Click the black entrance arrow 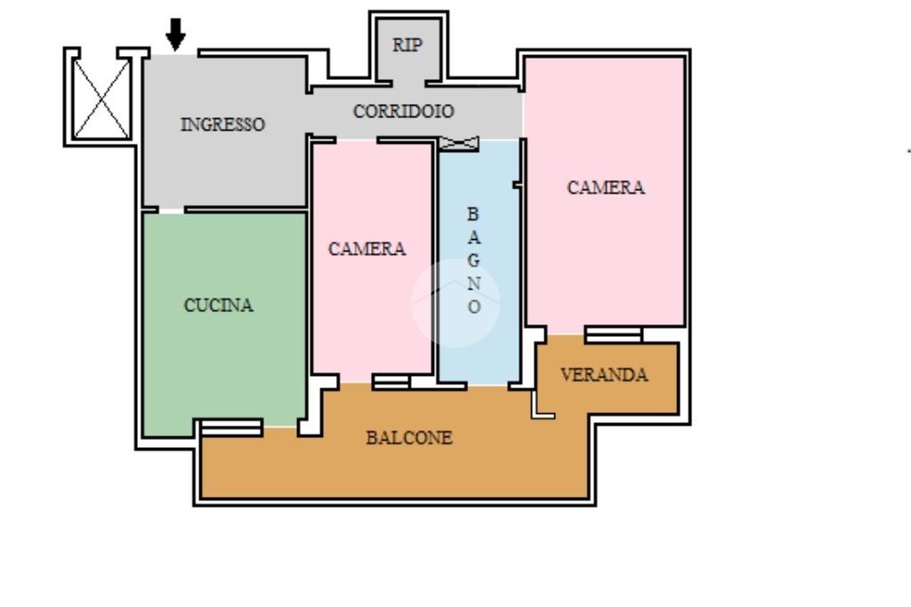tap(175, 34)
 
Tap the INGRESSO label tap(222, 124)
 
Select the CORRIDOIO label tap(403, 111)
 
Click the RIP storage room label tap(407, 44)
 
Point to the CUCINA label tap(219, 305)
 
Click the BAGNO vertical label tap(474, 260)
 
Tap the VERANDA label tap(604, 375)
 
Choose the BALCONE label tap(409, 437)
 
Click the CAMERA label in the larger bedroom tap(605, 188)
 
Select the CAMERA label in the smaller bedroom tap(367, 249)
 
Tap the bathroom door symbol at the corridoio tap(459, 143)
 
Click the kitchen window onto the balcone tap(232, 427)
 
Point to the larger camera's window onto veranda tap(614, 335)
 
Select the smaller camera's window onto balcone tap(391, 382)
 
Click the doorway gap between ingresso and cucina tap(172, 210)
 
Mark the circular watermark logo tap(455, 303)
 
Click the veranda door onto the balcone tap(534, 403)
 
